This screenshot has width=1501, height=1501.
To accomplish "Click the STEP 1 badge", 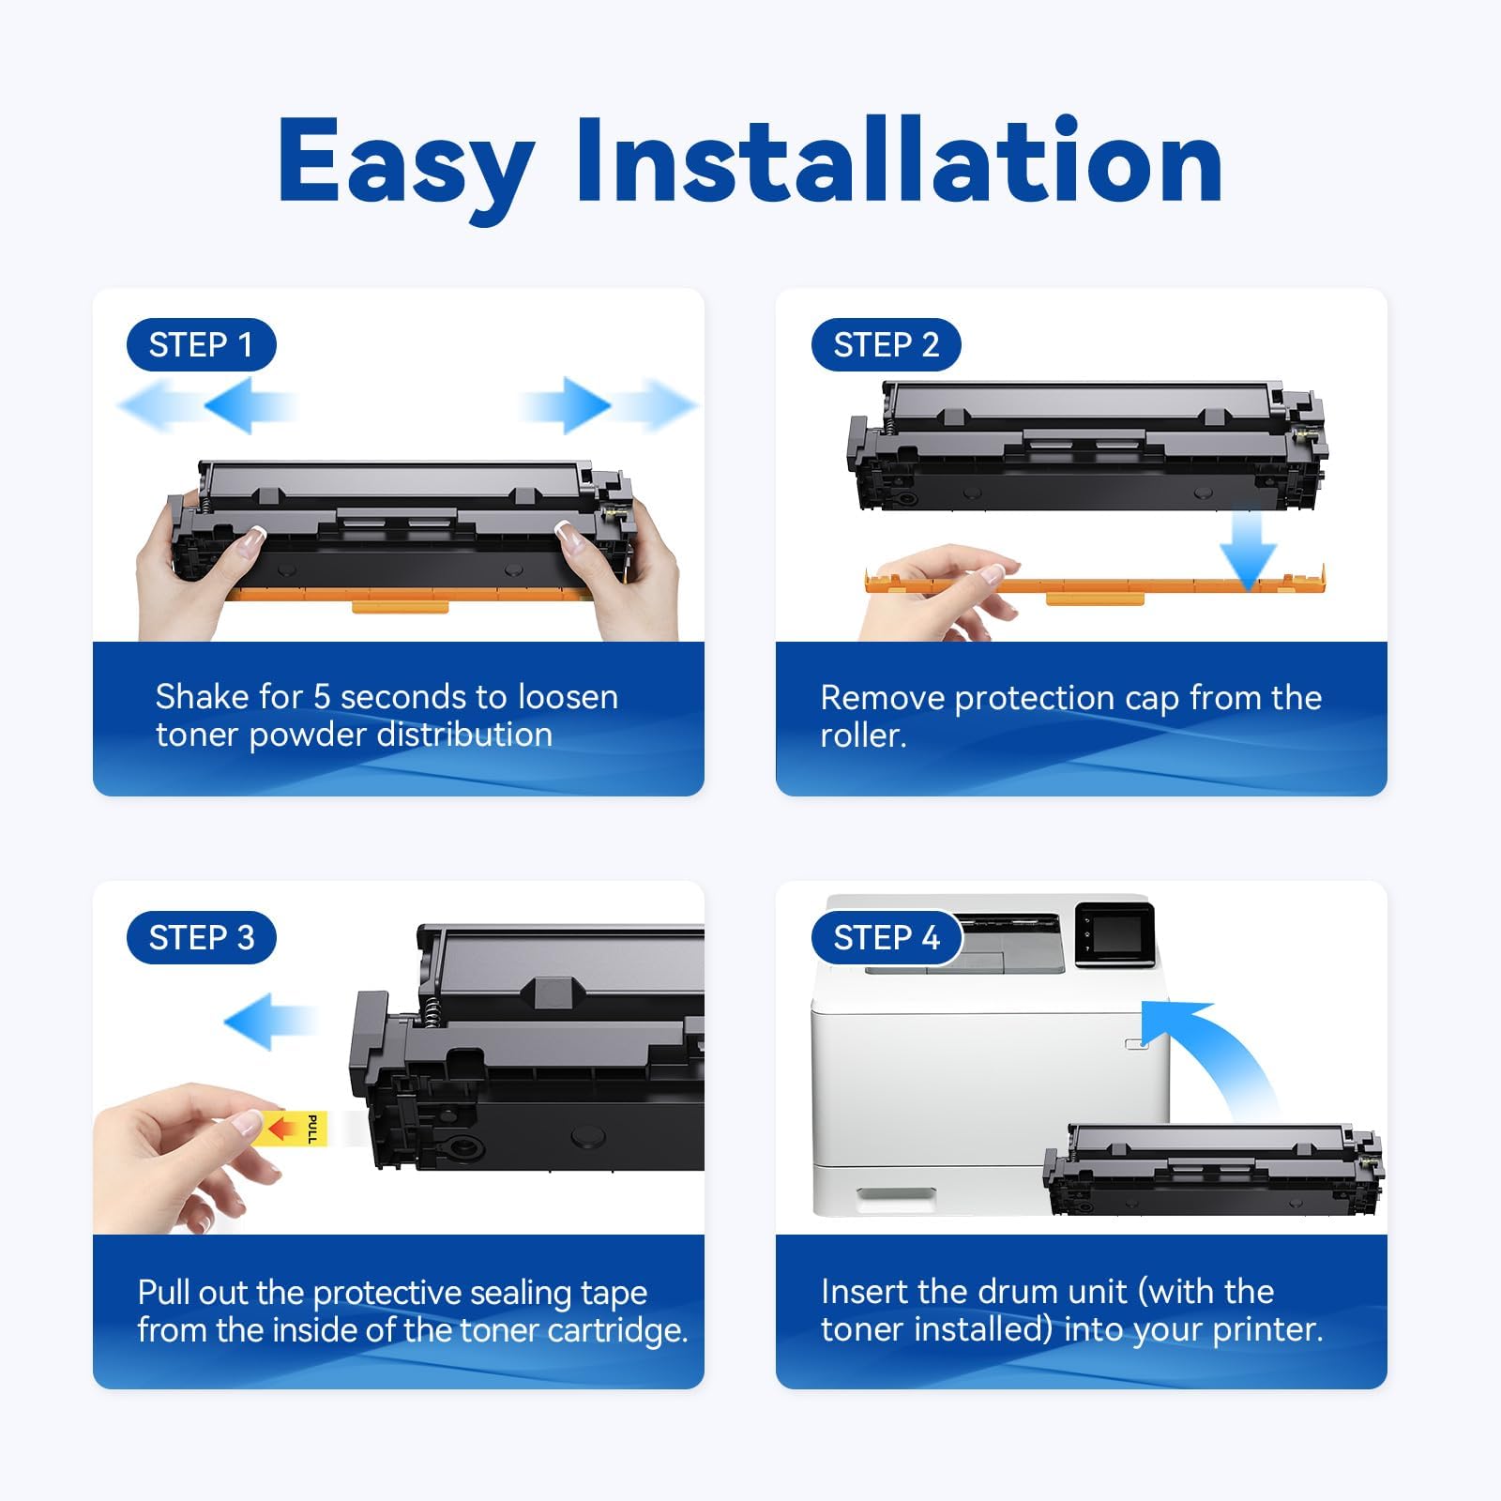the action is point(201,344).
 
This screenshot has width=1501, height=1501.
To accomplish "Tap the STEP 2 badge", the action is point(886,344).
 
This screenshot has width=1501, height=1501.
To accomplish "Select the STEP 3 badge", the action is point(201,937).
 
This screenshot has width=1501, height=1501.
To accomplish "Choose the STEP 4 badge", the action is point(886,937).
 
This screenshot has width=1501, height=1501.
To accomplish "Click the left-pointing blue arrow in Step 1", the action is point(206,405).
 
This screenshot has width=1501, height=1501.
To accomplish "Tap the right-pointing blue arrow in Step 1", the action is point(610,405).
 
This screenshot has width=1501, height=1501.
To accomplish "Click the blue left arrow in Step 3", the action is point(270,1021).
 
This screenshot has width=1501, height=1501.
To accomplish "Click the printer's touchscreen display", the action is point(1114,934).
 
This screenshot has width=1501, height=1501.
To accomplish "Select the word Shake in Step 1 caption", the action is point(203,697).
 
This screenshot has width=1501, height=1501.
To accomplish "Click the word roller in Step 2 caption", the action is point(861,735).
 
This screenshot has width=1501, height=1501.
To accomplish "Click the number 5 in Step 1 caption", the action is point(322,697).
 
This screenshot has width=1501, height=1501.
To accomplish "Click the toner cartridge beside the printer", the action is point(1213,1169).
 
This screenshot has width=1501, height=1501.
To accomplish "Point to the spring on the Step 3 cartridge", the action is point(431,1010).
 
